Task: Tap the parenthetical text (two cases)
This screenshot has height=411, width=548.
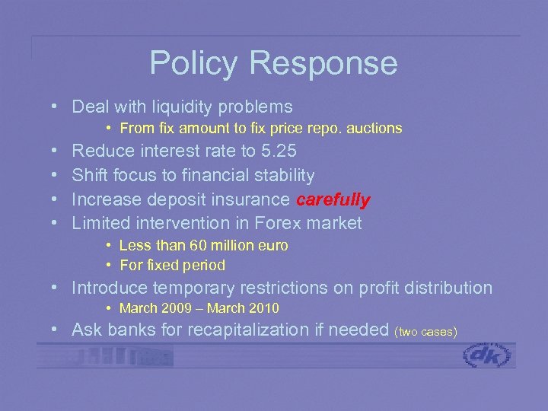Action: pos(426,333)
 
